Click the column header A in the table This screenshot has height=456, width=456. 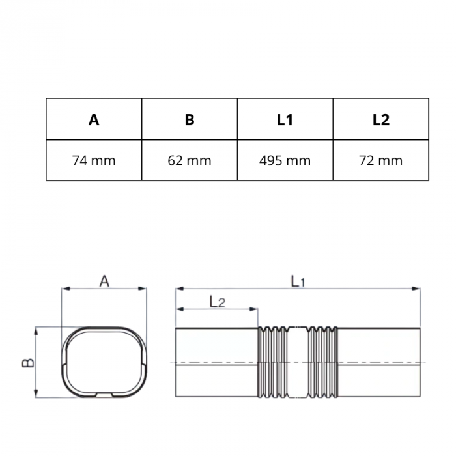tap(94, 120)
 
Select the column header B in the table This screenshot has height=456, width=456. tap(190, 120)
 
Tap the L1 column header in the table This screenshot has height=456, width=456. tap(285, 120)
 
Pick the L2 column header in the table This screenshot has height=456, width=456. tap(381, 120)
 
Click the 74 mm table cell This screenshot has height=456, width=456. tap(94, 160)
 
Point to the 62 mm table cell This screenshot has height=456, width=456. tap(190, 160)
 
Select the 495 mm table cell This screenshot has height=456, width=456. tap(285, 160)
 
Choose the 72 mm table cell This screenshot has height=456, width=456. tap(381, 160)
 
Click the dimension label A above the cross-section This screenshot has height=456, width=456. tap(104, 281)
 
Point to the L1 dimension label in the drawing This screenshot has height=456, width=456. tap(298, 281)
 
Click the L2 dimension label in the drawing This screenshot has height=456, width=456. tap(218, 301)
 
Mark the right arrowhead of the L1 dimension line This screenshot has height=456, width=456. tap(417, 288)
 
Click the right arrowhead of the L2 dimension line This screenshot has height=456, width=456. tap(255, 309)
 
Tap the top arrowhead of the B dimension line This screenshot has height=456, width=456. tap(37, 330)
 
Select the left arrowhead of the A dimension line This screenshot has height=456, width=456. tap(65, 288)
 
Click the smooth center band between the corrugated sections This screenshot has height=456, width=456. tap(297, 362)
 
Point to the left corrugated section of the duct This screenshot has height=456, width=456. tap(272, 362)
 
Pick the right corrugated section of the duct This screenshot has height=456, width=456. tap(322, 362)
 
